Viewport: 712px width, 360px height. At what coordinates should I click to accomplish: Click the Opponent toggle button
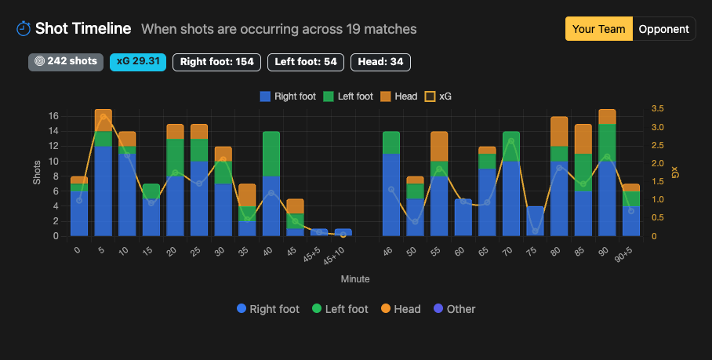click(x=663, y=29)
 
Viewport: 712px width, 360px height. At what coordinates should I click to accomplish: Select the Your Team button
click(x=599, y=29)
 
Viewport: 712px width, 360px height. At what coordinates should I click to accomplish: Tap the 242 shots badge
click(x=66, y=62)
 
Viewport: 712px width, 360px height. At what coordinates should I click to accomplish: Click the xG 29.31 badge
click(x=138, y=62)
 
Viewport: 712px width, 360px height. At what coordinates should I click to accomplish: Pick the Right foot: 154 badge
click(x=216, y=62)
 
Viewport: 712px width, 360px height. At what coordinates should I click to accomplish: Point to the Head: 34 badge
click(x=380, y=62)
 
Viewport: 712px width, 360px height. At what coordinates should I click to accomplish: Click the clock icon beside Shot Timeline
click(x=24, y=29)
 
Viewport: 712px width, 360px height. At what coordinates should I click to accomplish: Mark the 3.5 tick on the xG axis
click(x=657, y=109)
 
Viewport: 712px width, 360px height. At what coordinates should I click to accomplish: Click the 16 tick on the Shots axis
click(x=54, y=116)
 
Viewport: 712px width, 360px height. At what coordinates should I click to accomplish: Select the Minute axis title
click(x=354, y=278)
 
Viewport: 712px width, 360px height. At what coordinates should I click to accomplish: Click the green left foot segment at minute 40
click(x=271, y=154)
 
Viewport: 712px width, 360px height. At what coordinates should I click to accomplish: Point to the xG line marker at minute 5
click(x=104, y=117)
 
